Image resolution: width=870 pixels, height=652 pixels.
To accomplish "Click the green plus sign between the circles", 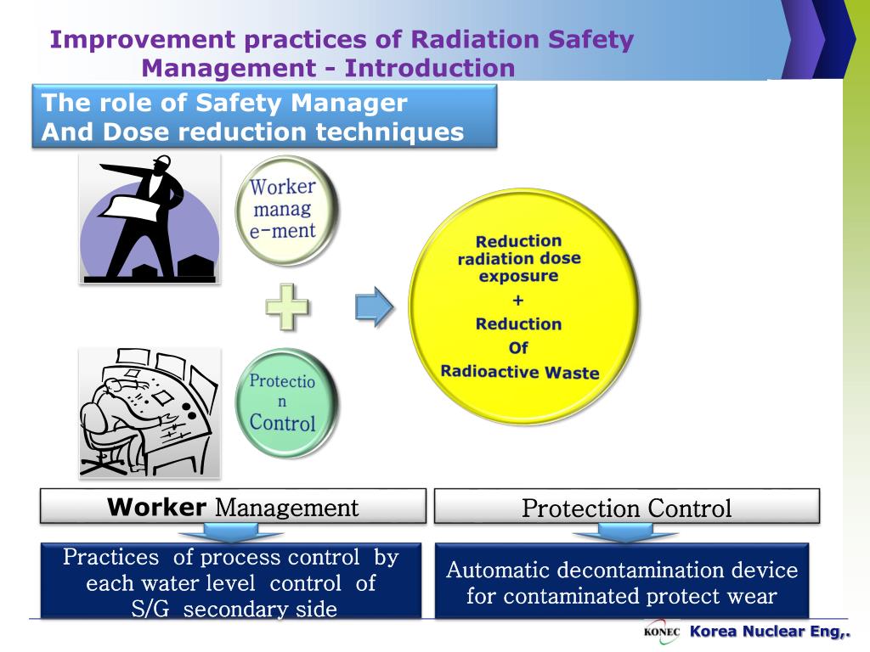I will [286, 306].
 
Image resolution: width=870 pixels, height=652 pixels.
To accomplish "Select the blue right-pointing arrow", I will [374, 306].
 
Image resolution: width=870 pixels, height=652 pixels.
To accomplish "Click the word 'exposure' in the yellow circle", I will [518, 276].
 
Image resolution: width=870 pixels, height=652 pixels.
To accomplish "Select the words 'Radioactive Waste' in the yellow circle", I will [519, 372].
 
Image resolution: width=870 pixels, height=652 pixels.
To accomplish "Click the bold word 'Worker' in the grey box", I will [156, 508].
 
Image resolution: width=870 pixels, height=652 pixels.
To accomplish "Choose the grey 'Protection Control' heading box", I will [626, 508].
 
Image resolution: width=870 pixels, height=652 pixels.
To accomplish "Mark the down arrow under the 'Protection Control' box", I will [624, 533].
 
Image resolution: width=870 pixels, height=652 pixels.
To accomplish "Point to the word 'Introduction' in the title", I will [430, 67].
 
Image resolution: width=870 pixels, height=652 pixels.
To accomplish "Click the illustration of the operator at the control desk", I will [150, 412].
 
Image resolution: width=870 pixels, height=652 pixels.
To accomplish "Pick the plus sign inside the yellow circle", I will [518, 300].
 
